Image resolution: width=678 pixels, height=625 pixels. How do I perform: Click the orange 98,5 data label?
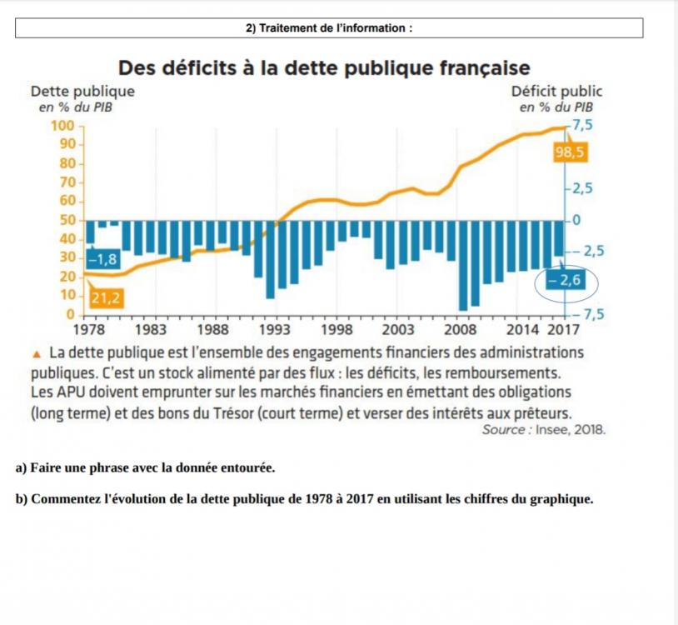(x=569, y=152)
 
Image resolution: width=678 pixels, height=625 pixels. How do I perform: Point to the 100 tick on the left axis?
(x=63, y=125)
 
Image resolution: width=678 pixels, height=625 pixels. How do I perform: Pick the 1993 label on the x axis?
(x=276, y=329)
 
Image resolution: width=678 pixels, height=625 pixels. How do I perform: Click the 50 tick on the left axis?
(x=67, y=220)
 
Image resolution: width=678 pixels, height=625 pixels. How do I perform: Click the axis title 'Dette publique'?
(x=82, y=92)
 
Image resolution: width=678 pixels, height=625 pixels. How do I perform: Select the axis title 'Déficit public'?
(x=556, y=92)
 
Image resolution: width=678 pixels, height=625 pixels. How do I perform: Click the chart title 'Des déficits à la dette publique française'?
(x=324, y=67)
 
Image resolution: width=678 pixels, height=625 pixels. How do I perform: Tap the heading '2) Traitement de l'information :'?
(x=329, y=28)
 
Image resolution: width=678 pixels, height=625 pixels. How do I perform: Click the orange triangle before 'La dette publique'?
(x=37, y=352)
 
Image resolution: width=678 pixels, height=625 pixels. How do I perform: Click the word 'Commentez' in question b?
(x=64, y=500)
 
